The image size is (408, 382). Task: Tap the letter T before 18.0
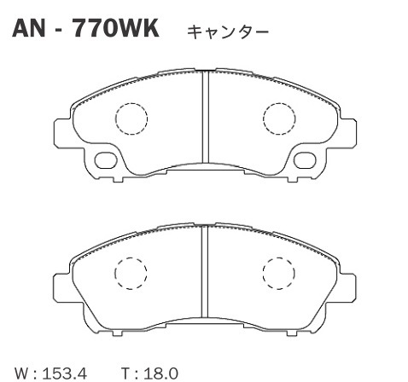pos(125,373)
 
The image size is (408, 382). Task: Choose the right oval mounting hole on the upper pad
pos(303,159)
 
